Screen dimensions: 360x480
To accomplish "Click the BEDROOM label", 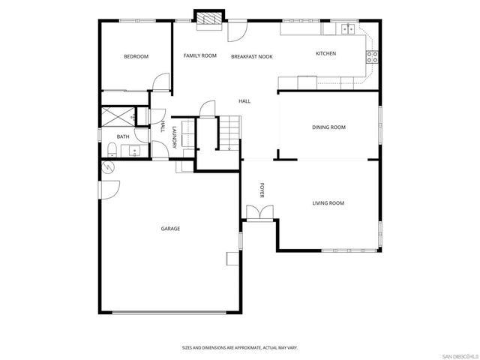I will [x=136, y=56].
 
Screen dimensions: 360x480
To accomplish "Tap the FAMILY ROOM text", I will [x=200, y=55].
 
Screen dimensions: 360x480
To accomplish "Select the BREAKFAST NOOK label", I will [x=251, y=56].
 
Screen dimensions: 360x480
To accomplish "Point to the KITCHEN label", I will [x=325, y=53].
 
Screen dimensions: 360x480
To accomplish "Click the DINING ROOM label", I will [x=328, y=127].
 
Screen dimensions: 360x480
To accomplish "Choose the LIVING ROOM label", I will [x=328, y=203].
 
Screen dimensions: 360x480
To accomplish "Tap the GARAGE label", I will [x=170, y=228].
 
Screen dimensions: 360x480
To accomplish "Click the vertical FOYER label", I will [x=262, y=190].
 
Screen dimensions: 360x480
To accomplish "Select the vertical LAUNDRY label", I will [x=174, y=138].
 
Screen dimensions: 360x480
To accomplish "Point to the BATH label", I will [x=123, y=136].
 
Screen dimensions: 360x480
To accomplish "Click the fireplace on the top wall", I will [x=208, y=19].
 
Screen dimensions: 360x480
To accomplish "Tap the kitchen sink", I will [x=347, y=29].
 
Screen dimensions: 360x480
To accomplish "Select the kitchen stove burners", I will [x=370, y=55].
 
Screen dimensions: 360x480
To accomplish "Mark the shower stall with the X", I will [x=118, y=115].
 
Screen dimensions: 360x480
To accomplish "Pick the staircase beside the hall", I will [x=228, y=133].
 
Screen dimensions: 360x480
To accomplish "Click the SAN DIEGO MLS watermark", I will [x=459, y=355].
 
